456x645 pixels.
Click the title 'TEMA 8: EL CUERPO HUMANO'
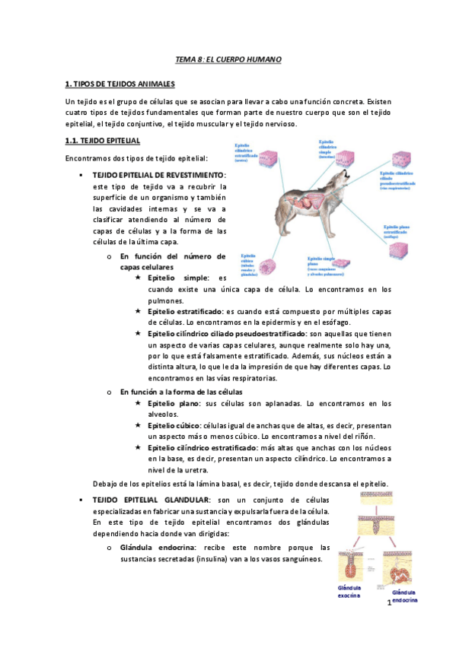tap(228, 59)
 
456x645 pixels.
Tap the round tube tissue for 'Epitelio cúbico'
tap(268, 266)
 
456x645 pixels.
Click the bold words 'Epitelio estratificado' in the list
tap(185, 313)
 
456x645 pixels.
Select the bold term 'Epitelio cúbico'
tap(173, 425)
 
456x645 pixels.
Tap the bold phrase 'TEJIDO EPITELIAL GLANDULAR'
tap(151, 500)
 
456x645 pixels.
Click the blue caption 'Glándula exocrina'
tap(349, 593)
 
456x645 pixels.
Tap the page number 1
tap(388, 603)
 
